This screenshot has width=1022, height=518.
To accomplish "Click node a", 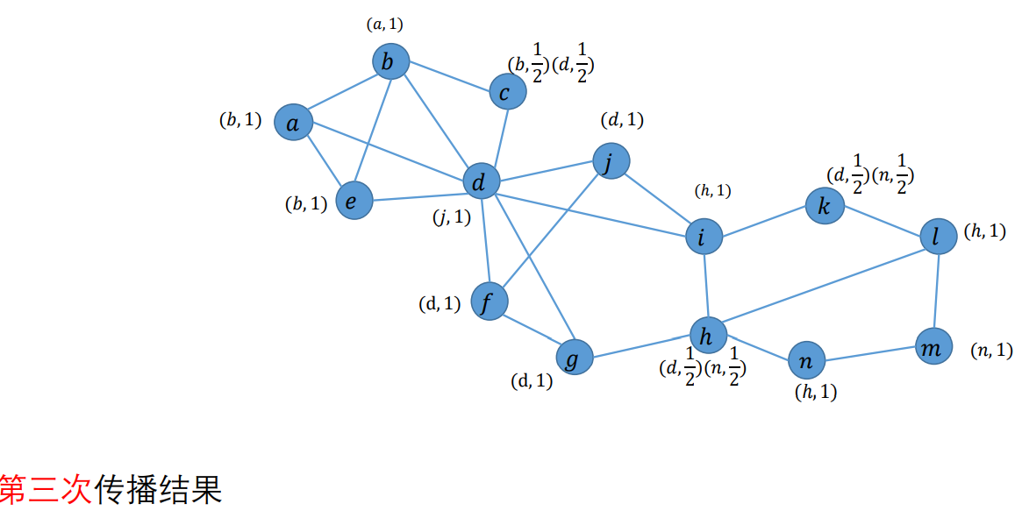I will point(293,124).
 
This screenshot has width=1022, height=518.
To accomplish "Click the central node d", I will point(481,181).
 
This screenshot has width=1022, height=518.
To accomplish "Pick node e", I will point(354,201).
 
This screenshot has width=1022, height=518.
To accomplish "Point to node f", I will point(490,302).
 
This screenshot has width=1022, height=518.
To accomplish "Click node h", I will point(709,334).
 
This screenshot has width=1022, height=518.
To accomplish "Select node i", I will point(704,237).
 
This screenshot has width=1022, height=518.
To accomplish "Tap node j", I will point(611,161).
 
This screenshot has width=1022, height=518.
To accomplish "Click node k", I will point(825,207).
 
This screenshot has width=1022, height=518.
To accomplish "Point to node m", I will point(933,347).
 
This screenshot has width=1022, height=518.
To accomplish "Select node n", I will point(807,359).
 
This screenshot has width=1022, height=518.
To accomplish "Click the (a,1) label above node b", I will point(384,25).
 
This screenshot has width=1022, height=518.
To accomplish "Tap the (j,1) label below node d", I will point(452,216).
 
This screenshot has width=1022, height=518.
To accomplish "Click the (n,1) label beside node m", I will point(991,351).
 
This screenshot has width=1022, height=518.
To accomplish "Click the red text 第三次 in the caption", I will point(46,489).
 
